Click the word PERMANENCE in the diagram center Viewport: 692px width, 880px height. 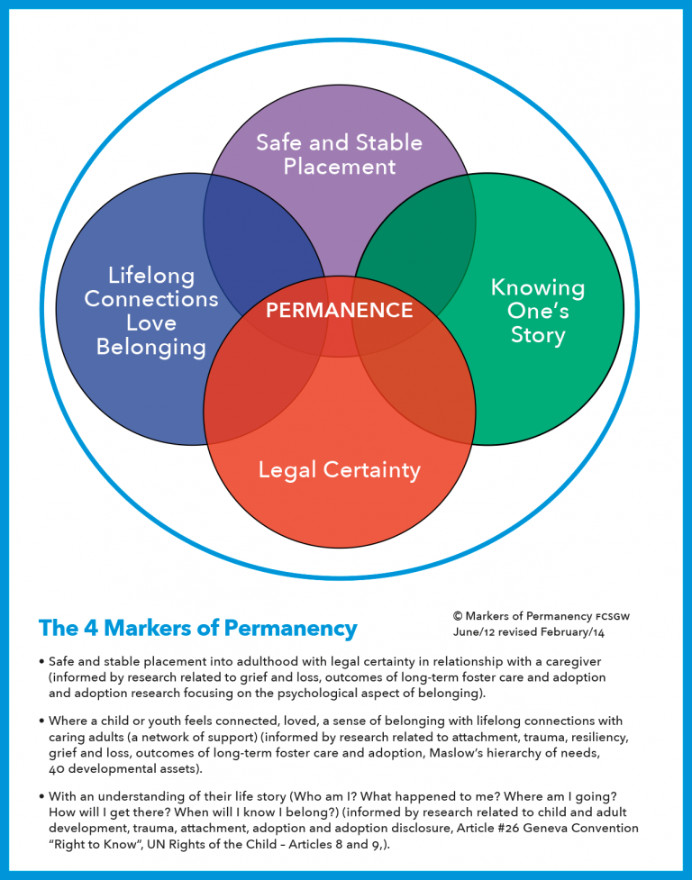coord(339,311)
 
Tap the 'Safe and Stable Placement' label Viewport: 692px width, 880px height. coord(339,154)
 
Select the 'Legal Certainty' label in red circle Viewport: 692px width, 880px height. coord(339,469)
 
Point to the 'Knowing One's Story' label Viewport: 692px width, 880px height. coord(537,311)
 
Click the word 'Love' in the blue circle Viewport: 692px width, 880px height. coord(151,322)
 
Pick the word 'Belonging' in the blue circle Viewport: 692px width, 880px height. coord(151,347)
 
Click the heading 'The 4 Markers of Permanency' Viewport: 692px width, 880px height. coord(197,628)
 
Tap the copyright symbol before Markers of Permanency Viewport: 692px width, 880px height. coord(458,616)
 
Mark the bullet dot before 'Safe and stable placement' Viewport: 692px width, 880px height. coord(42,661)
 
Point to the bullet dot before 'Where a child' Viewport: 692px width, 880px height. coord(42,722)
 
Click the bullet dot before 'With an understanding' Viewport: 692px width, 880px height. coord(42,799)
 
